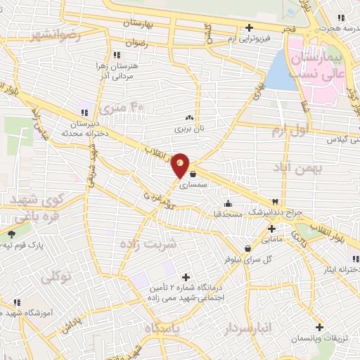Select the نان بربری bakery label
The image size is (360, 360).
coord(190,129)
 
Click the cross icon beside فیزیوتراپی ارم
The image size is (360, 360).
coord(248,28)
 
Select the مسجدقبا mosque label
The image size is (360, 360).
coord(228,212)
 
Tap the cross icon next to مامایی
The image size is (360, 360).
coord(271,228)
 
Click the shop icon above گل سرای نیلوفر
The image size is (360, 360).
coord(248,248)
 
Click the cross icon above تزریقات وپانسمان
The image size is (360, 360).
coord(320,328)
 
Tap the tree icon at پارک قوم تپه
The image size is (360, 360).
coord(11,234)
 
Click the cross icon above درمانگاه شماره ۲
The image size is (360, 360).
coord(186,277)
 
